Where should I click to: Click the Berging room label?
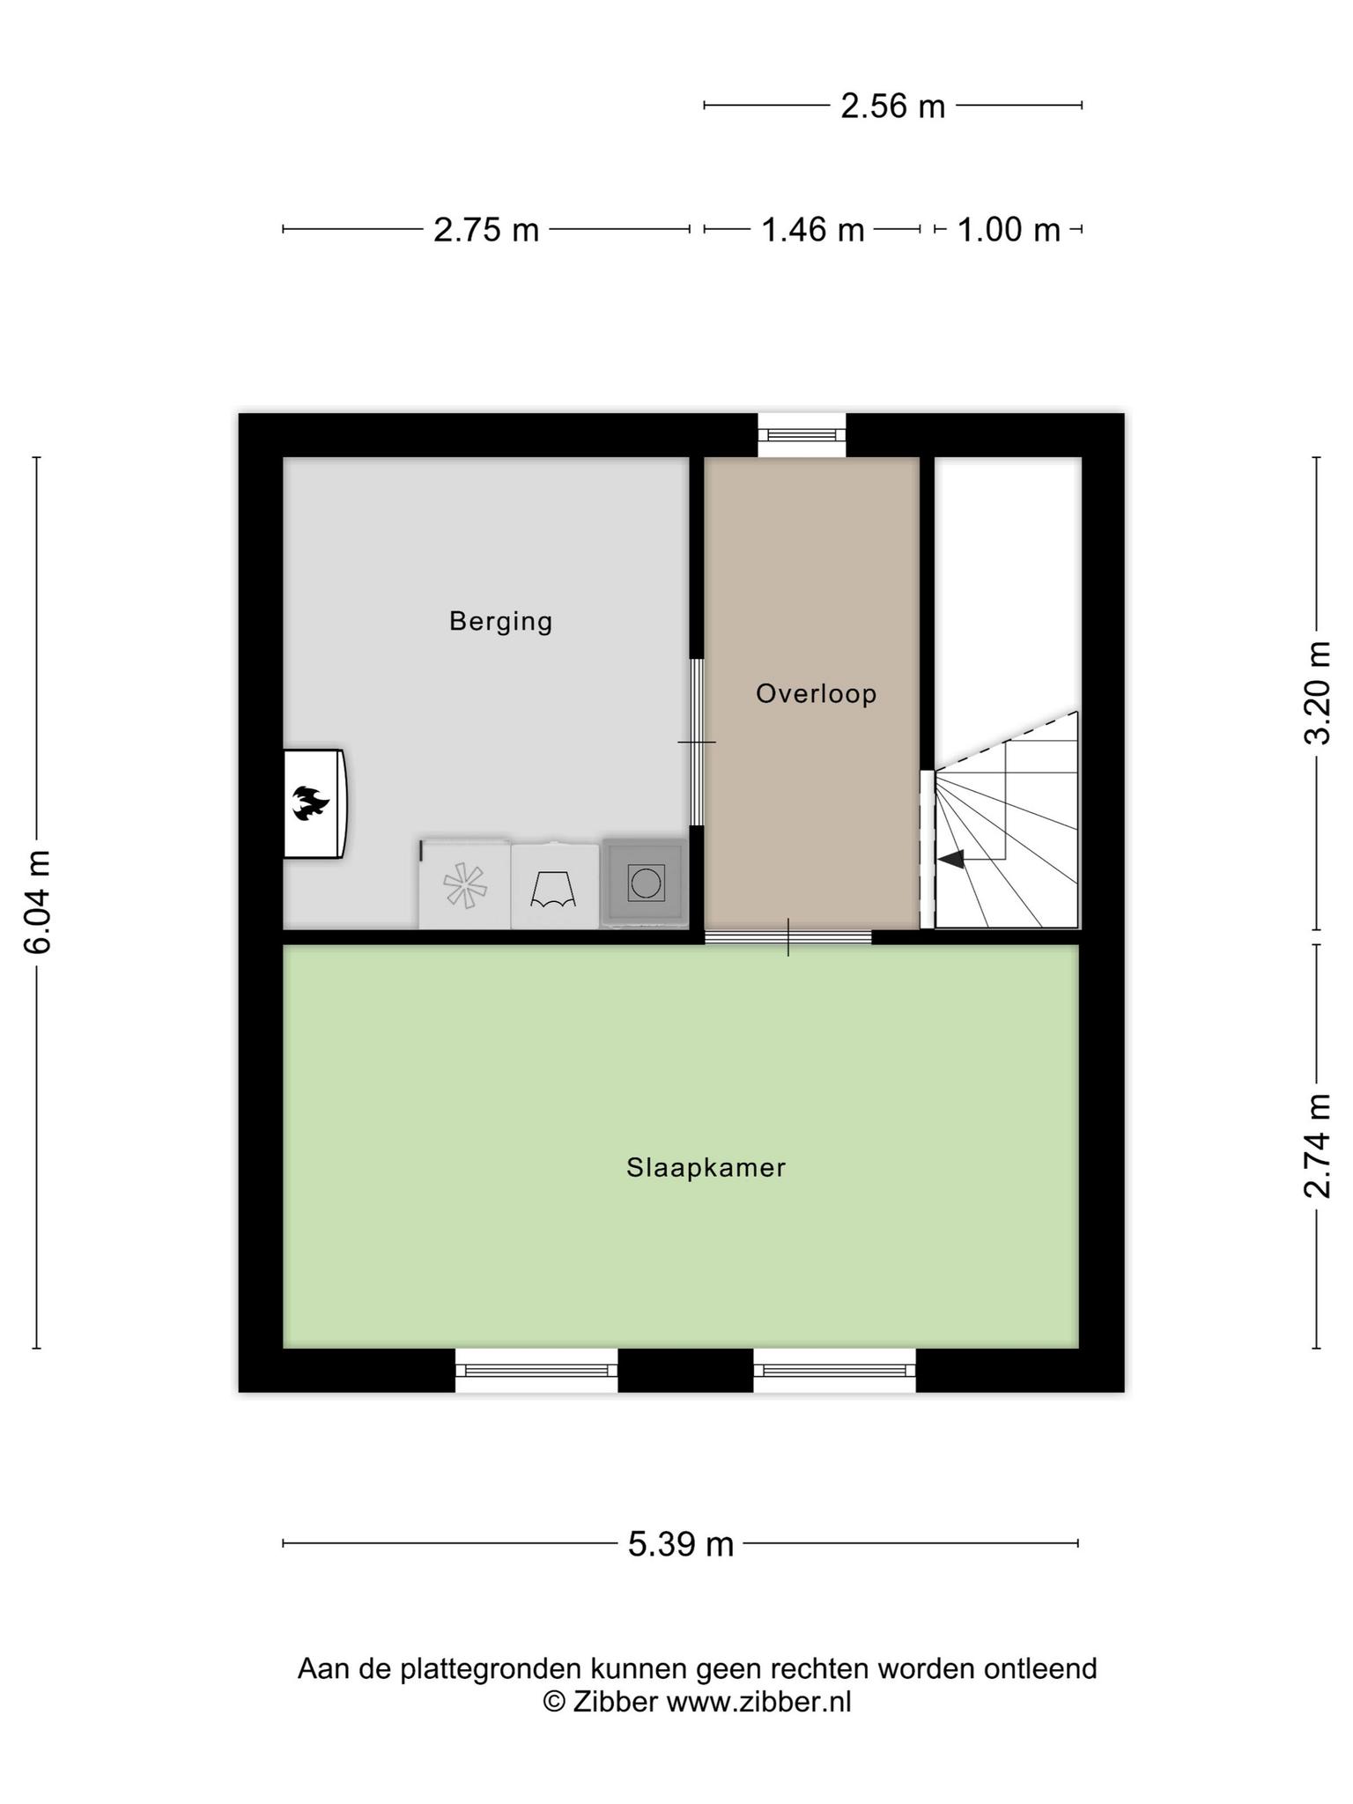click(500, 622)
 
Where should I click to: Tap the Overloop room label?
click(817, 694)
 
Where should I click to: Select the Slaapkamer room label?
click(706, 1168)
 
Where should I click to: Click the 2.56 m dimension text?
click(892, 107)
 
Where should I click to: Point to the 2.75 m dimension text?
click(486, 230)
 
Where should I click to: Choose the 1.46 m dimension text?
click(812, 230)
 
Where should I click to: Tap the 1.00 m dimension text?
click(1009, 230)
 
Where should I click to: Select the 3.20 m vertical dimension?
click(1318, 693)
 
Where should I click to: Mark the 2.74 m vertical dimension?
click(1318, 1146)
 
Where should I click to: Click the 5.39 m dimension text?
click(681, 1544)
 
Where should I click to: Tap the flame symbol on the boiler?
click(311, 802)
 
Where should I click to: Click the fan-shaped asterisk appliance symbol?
click(464, 885)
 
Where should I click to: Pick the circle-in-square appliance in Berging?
click(646, 883)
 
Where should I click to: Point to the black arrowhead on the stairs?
click(951, 859)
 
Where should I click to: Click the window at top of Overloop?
click(802, 434)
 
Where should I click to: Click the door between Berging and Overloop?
click(697, 742)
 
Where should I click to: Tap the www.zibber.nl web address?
click(758, 1701)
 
